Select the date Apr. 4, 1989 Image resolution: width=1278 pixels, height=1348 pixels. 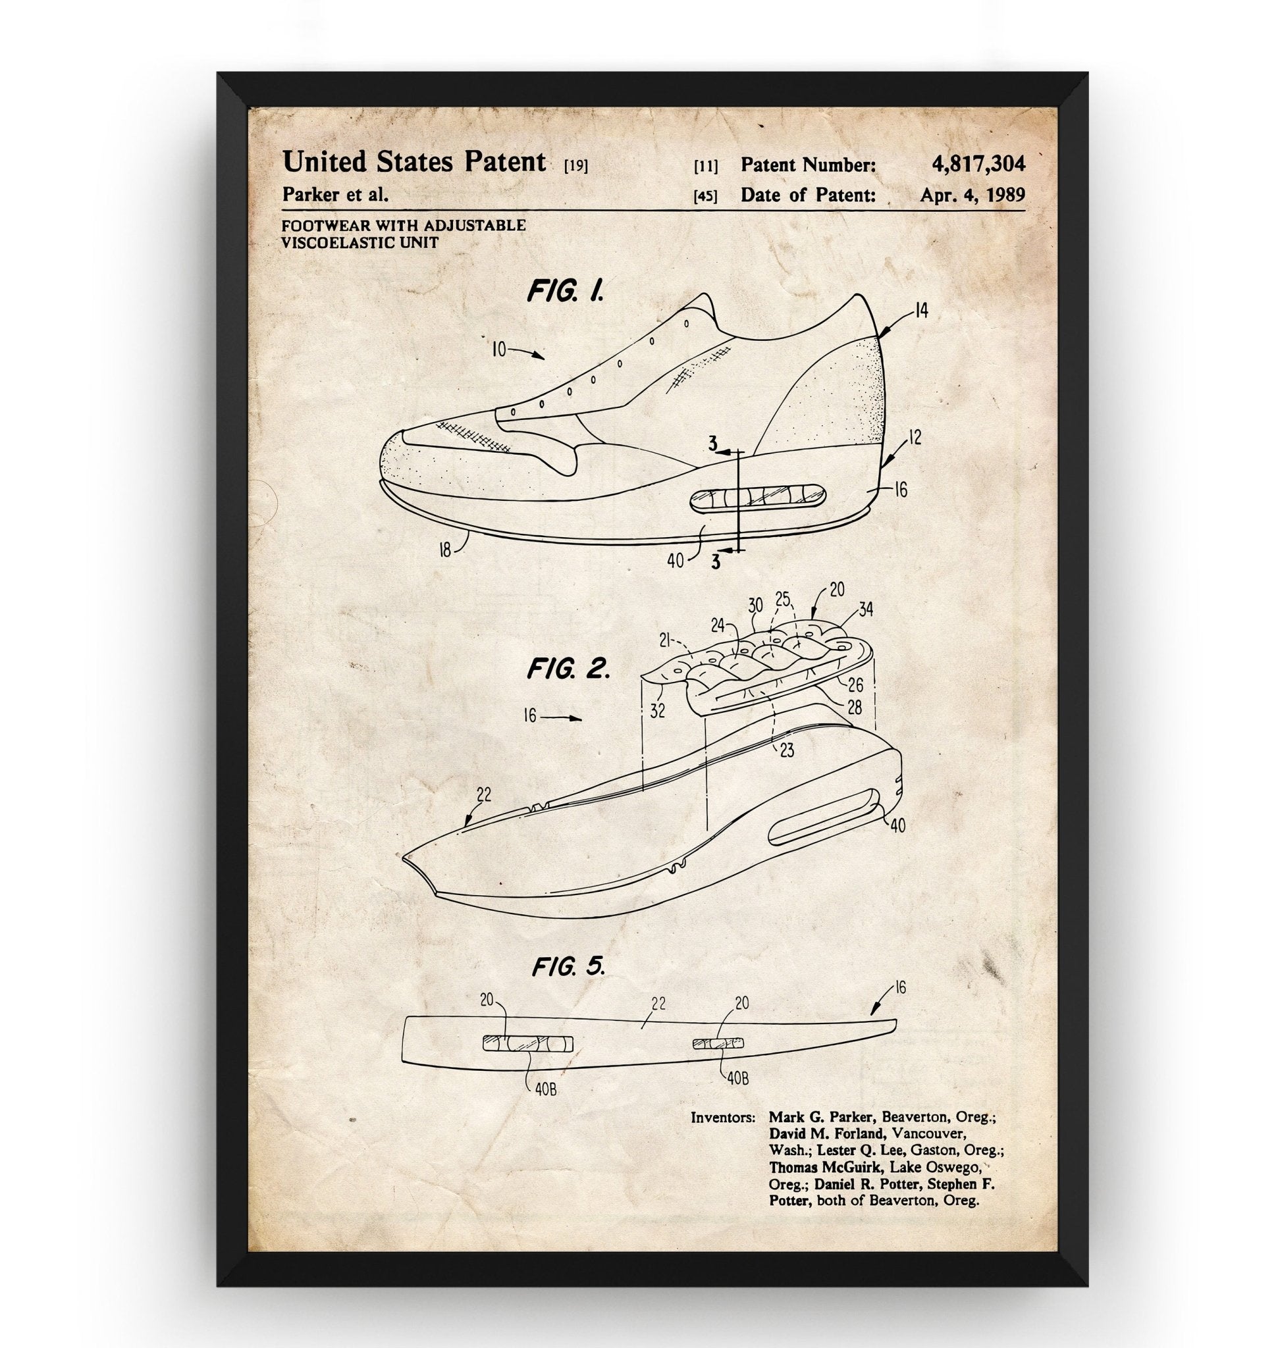(x=972, y=195)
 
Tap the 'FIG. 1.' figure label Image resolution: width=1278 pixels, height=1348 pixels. (x=565, y=292)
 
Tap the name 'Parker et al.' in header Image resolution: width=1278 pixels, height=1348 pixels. (x=335, y=195)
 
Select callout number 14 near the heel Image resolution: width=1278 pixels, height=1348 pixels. (x=921, y=311)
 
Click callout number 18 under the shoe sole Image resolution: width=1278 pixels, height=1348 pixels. (x=444, y=550)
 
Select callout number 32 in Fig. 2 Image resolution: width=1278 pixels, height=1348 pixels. (x=656, y=710)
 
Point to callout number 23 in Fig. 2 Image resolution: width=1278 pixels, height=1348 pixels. (x=787, y=750)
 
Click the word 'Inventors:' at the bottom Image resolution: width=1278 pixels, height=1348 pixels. (x=723, y=1117)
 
